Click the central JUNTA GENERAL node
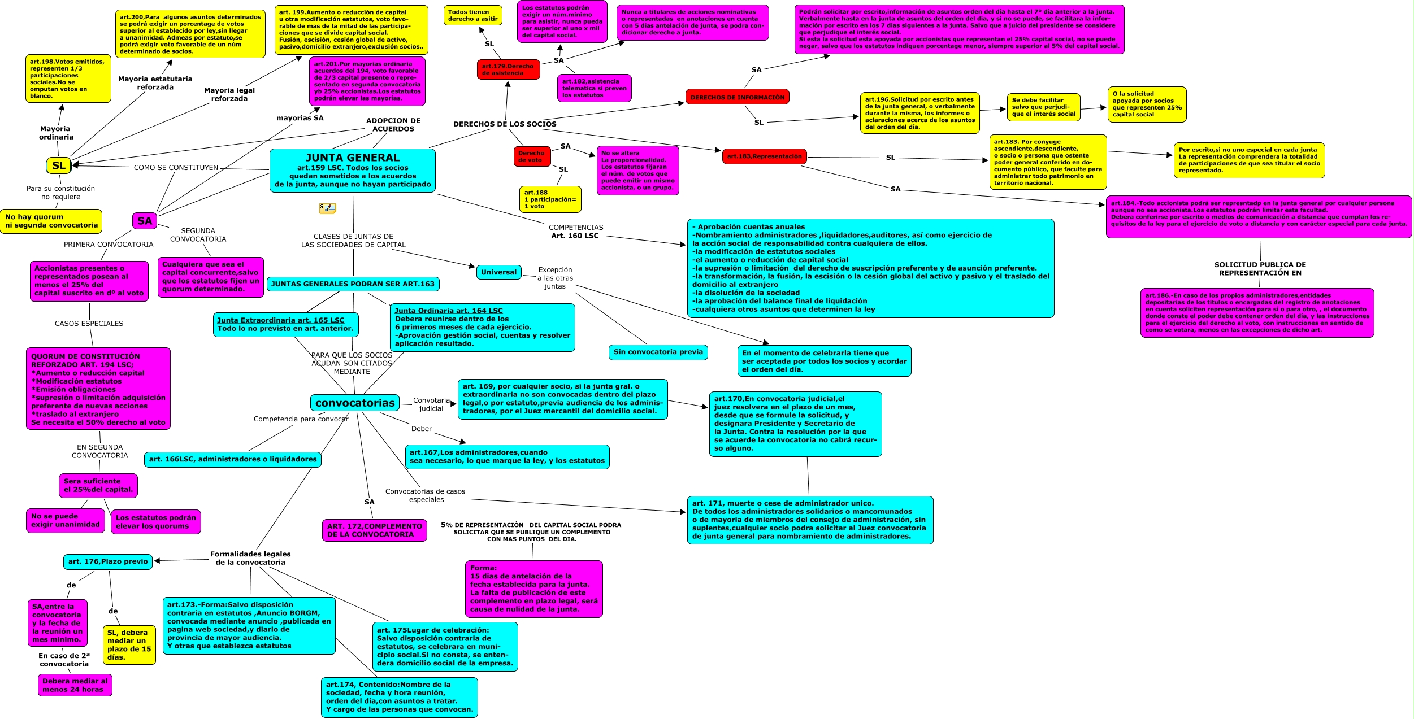click(x=353, y=171)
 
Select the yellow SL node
click(x=59, y=165)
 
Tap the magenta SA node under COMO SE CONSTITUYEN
click(x=145, y=221)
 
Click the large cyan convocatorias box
click(x=355, y=403)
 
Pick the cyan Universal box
click(x=498, y=272)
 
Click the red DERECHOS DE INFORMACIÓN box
click(x=737, y=97)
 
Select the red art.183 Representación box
click(x=764, y=156)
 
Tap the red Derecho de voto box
click(x=531, y=156)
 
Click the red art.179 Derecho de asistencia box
click(x=508, y=69)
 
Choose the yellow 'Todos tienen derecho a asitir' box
click(x=473, y=15)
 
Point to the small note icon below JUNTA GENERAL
click(x=327, y=208)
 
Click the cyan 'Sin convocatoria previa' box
click(x=658, y=352)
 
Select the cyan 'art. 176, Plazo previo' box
click(x=108, y=561)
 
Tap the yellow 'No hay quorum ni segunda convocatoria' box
click(x=51, y=221)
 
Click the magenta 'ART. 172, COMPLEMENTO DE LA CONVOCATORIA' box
click(x=375, y=530)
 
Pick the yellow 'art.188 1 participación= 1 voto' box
click(x=550, y=199)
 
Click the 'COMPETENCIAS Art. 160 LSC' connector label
click(x=575, y=232)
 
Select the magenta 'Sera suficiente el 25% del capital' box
click(x=98, y=485)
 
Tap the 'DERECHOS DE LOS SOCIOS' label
click(x=505, y=124)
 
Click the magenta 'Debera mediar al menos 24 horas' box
click(x=75, y=685)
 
